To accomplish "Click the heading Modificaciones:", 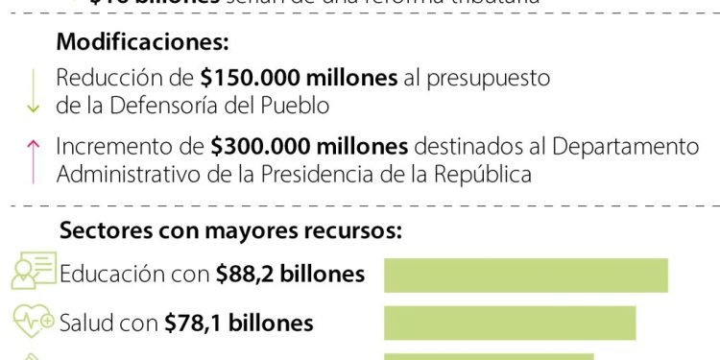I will [x=143, y=43].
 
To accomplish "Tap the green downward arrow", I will [x=34, y=92].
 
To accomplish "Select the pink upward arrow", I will [x=34, y=160].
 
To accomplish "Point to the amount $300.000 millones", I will [x=310, y=147].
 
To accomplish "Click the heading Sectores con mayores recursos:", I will [x=230, y=230].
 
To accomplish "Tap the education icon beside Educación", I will [x=34, y=273].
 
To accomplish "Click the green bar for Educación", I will [x=526, y=275].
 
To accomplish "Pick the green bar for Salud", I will [x=510, y=323].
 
